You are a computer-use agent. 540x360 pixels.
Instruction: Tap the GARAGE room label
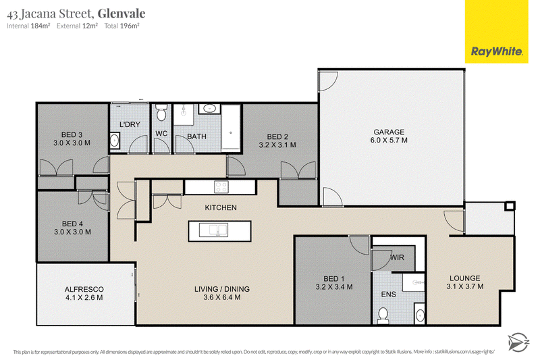tap(389, 132)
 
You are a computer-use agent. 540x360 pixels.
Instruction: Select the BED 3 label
tap(72, 134)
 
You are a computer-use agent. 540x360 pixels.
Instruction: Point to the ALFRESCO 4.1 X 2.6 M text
tap(84, 293)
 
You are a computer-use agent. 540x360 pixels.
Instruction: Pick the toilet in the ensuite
tap(383, 316)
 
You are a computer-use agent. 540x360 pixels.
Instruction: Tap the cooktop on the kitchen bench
tap(221, 187)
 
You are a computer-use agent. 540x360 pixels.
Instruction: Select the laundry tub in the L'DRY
tap(114, 140)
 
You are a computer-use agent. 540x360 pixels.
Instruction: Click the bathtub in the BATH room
tap(230, 128)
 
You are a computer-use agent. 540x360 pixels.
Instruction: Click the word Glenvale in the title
tap(122, 14)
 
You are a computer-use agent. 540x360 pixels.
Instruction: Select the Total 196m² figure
tap(122, 26)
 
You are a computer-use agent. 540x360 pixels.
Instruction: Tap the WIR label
tap(397, 257)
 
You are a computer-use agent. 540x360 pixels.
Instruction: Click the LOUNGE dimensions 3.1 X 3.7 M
tap(465, 286)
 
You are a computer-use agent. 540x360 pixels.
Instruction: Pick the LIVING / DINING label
tap(222, 289)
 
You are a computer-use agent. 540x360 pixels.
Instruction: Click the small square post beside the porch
tap(510, 206)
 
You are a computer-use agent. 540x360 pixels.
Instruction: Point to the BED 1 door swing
tap(360, 245)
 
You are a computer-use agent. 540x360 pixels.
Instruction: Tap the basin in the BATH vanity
tap(209, 109)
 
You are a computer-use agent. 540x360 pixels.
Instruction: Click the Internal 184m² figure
tap(28, 26)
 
